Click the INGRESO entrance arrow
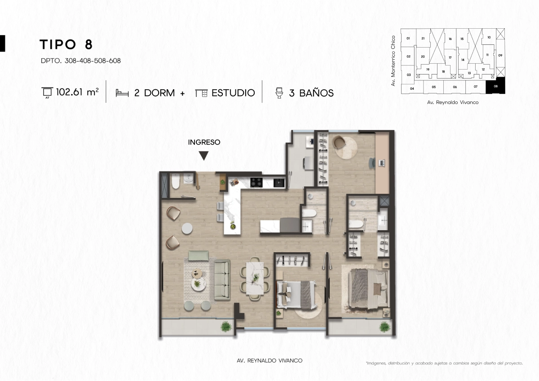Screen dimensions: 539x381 204,156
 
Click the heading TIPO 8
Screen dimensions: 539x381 66,44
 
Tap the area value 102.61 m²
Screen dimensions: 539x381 77,92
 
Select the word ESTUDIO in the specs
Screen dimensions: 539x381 233,93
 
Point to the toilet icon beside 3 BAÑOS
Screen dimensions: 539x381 279,93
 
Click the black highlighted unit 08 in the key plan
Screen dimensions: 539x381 495,86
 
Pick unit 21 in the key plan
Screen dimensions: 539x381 423,38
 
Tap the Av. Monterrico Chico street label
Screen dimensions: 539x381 393,61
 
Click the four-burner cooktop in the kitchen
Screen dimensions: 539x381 256,182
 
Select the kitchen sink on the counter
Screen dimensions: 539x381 279,183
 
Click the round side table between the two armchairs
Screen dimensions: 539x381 187,228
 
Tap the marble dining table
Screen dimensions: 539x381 255,278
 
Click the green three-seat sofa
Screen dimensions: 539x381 222,280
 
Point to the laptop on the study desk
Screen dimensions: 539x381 382,163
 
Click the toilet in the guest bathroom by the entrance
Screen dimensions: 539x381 176,181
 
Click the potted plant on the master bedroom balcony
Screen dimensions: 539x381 384,327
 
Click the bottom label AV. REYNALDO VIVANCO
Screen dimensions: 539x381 269,360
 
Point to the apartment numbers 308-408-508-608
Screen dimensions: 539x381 93,61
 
